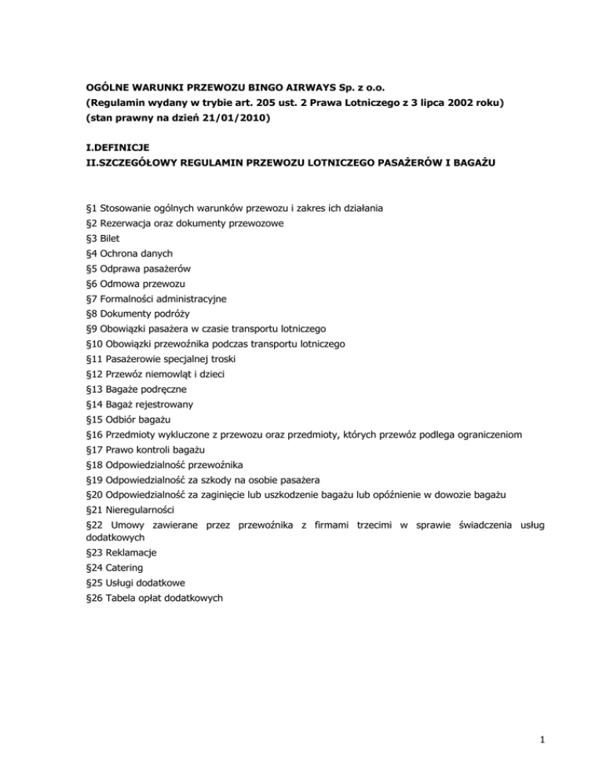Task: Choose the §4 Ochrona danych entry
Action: (x=129, y=252)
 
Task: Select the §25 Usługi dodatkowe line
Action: (x=140, y=582)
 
